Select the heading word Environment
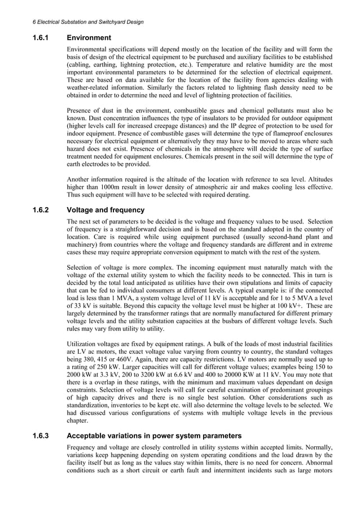[89, 38]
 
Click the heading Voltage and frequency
[106, 210]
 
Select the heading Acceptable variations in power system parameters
[154, 436]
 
